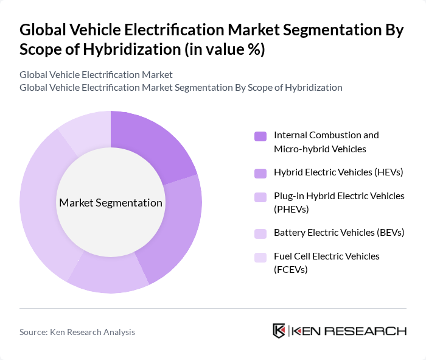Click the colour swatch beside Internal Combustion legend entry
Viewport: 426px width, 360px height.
[x=260, y=136]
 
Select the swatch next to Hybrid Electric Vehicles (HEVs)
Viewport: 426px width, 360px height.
[x=260, y=172]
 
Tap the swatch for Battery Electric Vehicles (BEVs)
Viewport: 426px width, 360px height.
[x=260, y=233]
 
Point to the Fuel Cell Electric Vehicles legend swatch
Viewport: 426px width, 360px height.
[x=260, y=257]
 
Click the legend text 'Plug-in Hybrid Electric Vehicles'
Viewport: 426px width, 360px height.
[x=339, y=196]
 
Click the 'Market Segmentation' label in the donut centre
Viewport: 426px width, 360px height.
[x=111, y=203]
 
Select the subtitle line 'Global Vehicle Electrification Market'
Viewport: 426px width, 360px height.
[x=96, y=74]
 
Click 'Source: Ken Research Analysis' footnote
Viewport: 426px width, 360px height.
[x=77, y=332]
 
